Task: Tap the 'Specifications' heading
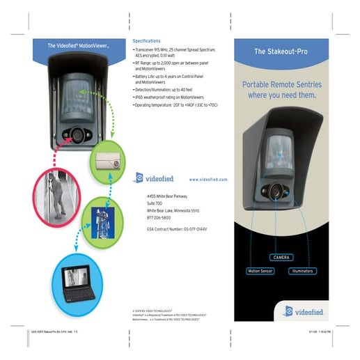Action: [x=146, y=41]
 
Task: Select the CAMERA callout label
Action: [x=282, y=258]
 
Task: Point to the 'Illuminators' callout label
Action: [x=302, y=270]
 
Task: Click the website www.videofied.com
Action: [x=208, y=179]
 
